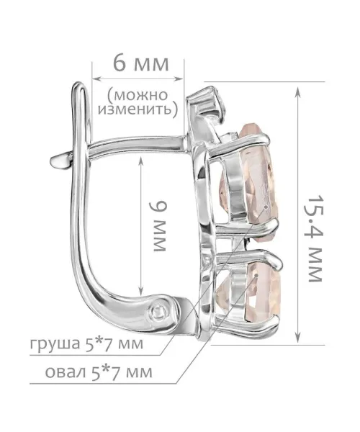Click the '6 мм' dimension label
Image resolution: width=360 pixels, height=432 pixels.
click(x=140, y=65)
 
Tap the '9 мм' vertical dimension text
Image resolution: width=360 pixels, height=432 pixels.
click(x=159, y=226)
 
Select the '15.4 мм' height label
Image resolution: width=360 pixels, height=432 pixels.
click(x=315, y=238)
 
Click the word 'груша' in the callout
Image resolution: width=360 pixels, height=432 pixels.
click(x=55, y=344)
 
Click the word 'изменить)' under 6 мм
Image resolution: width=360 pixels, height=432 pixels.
click(x=138, y=109)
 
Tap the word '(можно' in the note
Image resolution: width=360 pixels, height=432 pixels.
click(x=138, y=95)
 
